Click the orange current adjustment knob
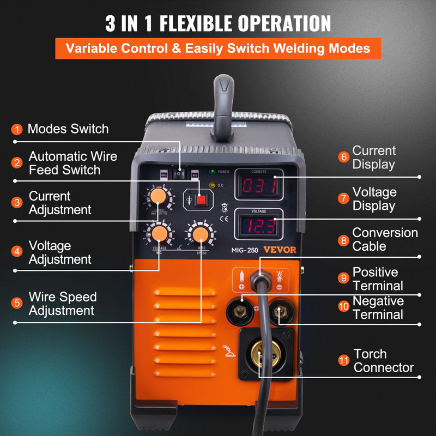coord(159,195)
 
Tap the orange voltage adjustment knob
coord(159,234)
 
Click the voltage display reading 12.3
coord(259,225)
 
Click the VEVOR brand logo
coord(281,250)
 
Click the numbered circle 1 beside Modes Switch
coord(17,130)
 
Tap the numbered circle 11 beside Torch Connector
coord(343,361)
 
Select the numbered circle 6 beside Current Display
coord(343,158)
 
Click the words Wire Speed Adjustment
coord(62,304)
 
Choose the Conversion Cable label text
coord(385,239)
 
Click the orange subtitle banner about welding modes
coord(218,48)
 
